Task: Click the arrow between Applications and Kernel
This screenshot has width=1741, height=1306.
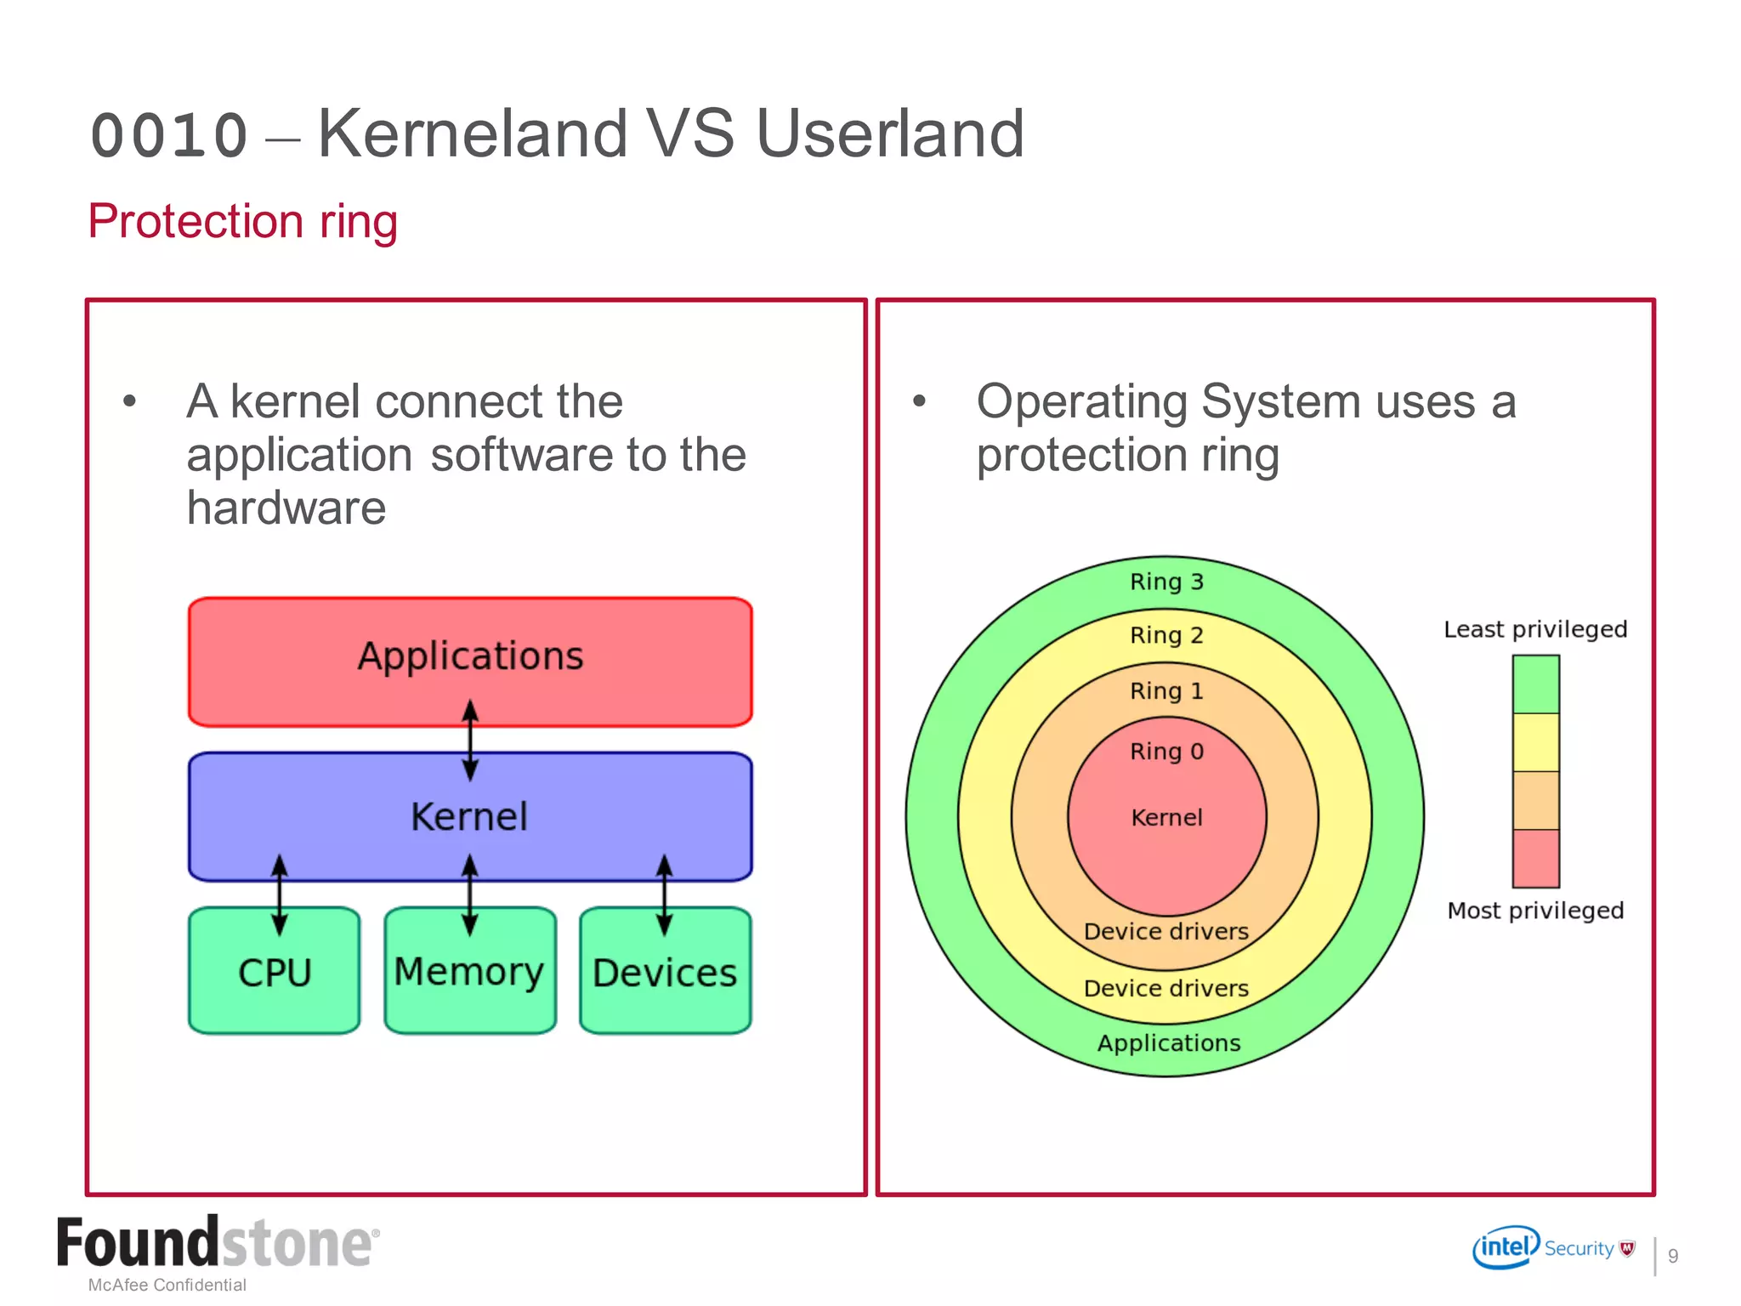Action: (x=470, y=740)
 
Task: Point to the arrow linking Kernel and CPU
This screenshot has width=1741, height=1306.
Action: (x=280, y=894)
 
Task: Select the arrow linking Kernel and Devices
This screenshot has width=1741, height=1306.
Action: (x=665, y=894)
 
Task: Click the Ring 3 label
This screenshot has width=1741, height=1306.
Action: (x=1166, y=582)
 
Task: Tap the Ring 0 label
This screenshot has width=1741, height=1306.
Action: (x=1166, y=752)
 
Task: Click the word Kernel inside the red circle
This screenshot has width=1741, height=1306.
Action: (x=1166, y=818)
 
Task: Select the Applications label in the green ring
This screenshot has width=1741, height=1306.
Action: (x=1168, y=1043)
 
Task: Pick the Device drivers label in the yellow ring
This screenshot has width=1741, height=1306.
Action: (x=1166, y=988)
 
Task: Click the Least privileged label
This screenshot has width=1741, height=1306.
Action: (x=1534, y=629)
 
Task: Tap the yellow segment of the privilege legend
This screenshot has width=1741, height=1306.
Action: (x=1535, y=742)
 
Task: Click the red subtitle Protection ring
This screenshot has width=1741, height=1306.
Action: (x=243, y=222)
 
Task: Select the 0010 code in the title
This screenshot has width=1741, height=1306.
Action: (x=169, y=136)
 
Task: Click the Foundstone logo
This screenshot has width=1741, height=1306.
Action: (x=217, y=1243)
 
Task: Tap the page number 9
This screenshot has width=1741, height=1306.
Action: (x=1672, y=1256)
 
